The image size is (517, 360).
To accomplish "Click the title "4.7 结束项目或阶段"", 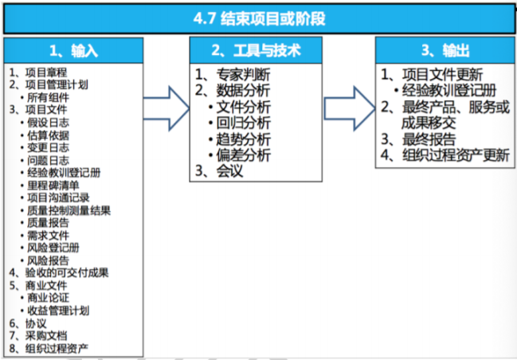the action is click(x=259, y=18).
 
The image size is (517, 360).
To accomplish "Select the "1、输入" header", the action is click(x=73, y=51).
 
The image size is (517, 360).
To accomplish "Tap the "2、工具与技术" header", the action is click(x=257, y=50).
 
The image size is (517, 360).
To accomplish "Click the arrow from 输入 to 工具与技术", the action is click(x=166, y=108).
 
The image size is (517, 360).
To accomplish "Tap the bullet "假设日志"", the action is click(x=48, y=121).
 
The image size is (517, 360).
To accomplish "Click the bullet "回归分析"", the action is click(x=243, y=122).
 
